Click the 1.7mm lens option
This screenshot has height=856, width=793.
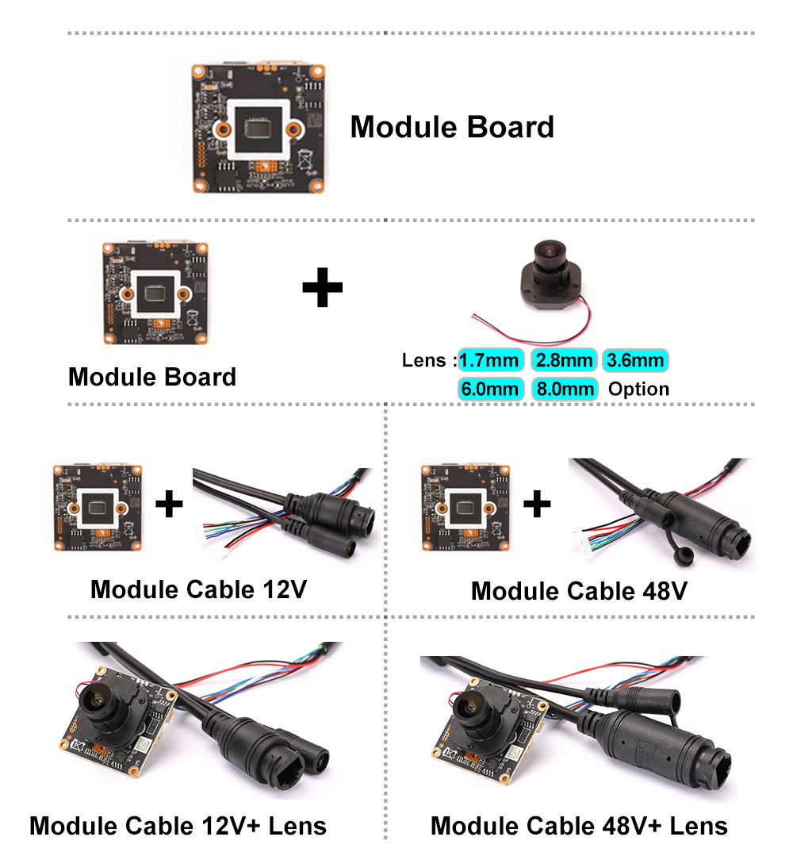coord(490,361)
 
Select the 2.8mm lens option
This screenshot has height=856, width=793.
coord(563,361)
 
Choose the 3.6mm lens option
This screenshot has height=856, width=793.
coord(634,361)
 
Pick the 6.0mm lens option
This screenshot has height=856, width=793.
coord(490,389)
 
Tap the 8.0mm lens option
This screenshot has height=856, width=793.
coord(563,389)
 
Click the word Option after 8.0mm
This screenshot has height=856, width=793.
coord(638,389)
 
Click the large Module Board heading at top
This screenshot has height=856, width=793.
coord(452,127)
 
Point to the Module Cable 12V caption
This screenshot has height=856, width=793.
coord(198,589)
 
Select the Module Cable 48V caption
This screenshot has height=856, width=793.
coord(579,591)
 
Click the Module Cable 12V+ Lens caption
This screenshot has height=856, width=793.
coord(178,826)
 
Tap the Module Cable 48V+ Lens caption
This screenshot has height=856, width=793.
coord(579,826)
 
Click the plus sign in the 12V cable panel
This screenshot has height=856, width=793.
coord(169,503)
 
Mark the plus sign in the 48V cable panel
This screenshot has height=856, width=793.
coord(537,503)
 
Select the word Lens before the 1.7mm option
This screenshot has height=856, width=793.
coord(425,361)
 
